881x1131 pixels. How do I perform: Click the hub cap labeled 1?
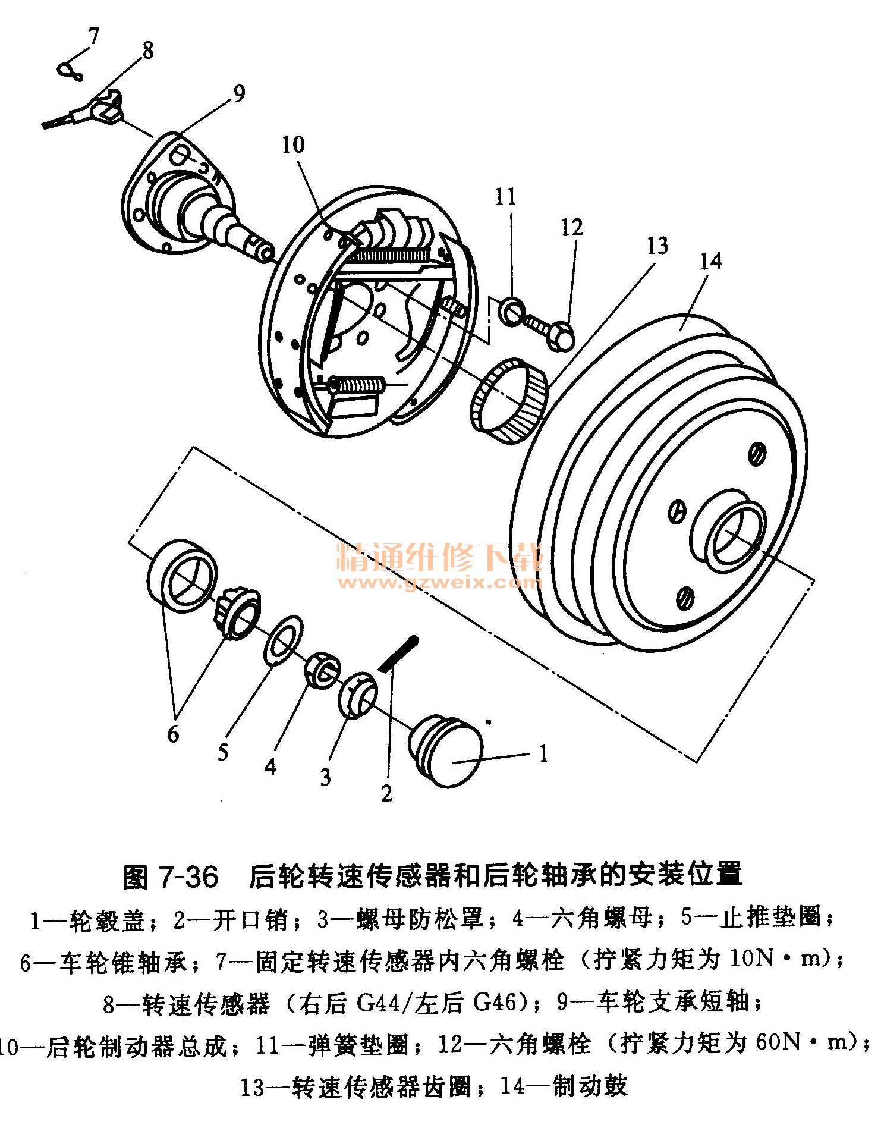445,752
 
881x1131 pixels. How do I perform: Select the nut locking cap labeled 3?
357,696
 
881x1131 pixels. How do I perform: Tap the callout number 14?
710,261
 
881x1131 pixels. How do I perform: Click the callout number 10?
293,144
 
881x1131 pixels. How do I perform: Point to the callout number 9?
239,93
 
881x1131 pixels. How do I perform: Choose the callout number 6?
173,735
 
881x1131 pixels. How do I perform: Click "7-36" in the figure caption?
188,877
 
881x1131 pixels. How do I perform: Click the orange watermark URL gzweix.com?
440,582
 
